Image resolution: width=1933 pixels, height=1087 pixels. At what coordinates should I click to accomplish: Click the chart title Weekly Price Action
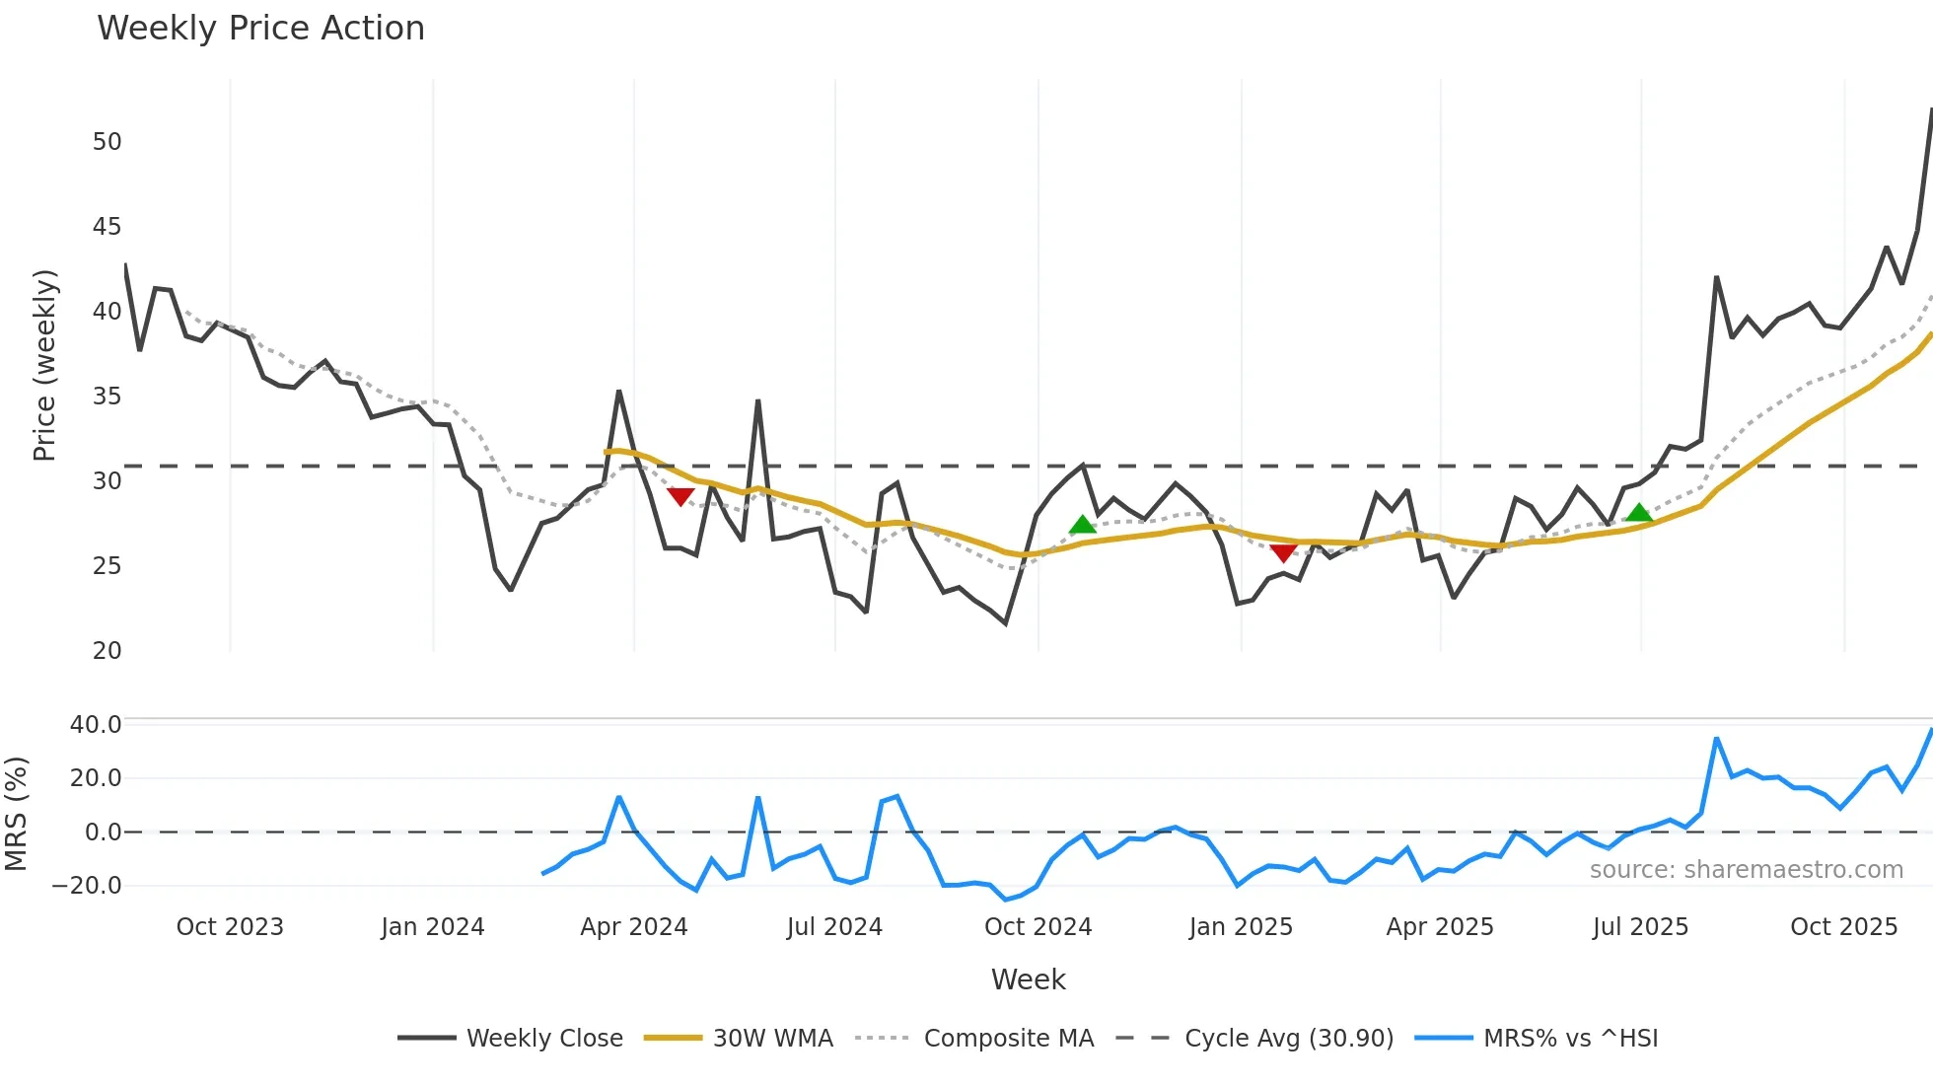(x=260, y=29)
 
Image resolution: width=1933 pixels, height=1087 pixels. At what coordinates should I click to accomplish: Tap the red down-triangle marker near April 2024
(x=680, y=496)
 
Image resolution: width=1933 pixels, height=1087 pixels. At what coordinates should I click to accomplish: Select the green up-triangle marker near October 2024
(x=1083, y=525)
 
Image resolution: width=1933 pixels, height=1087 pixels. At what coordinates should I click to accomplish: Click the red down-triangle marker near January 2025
(x=1283, y=552)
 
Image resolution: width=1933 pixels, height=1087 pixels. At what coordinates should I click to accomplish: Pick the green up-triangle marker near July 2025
(x=1639, y=513)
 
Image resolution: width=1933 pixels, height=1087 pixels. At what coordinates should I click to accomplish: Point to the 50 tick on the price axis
(x=107, y=142)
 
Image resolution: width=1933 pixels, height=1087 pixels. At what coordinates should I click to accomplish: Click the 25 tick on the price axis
(x=107, y=566)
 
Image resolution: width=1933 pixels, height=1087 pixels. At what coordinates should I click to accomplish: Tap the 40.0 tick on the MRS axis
(x=96, y=725)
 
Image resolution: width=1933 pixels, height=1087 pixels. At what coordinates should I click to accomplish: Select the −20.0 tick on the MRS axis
(x=87, y=886)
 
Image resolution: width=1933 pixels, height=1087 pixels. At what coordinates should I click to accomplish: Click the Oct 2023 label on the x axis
(x=230, y=927)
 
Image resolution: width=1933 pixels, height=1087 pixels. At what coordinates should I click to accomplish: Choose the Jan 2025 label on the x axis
(x=1241, y=927)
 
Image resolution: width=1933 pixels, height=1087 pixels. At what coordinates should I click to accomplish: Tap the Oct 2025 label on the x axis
(x=1843, y=927)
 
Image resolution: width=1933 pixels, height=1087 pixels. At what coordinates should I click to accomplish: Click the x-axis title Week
(x=1028, y=979)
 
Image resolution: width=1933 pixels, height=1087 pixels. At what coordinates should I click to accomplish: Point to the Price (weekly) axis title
(x=44, y=365)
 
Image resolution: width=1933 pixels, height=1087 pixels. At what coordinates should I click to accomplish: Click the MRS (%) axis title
(x=16, y=814)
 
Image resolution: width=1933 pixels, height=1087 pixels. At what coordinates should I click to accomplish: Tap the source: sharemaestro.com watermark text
(x=1746, y=870)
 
